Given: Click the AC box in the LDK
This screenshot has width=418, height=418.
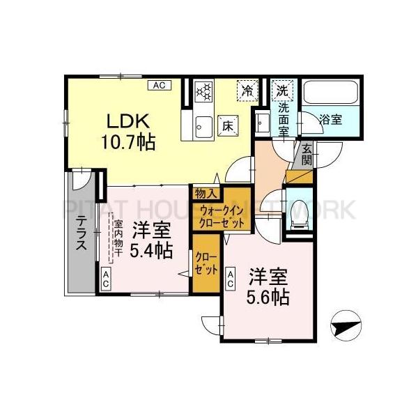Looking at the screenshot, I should pos(158,86).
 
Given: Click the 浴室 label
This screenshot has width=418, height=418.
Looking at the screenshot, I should pos(331,118).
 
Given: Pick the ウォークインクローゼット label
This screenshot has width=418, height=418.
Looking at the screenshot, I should pos(222,215).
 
